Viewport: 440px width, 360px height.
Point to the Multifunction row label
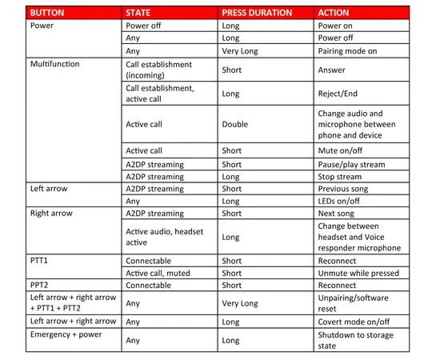pos(55,63)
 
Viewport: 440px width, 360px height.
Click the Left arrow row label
pos(48,189)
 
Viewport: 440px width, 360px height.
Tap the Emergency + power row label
pos(62,334)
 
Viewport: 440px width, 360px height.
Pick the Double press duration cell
pos(235,124)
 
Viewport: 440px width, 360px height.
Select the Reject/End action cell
pos(340,94)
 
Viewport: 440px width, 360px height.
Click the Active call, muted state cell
pos(161,273)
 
